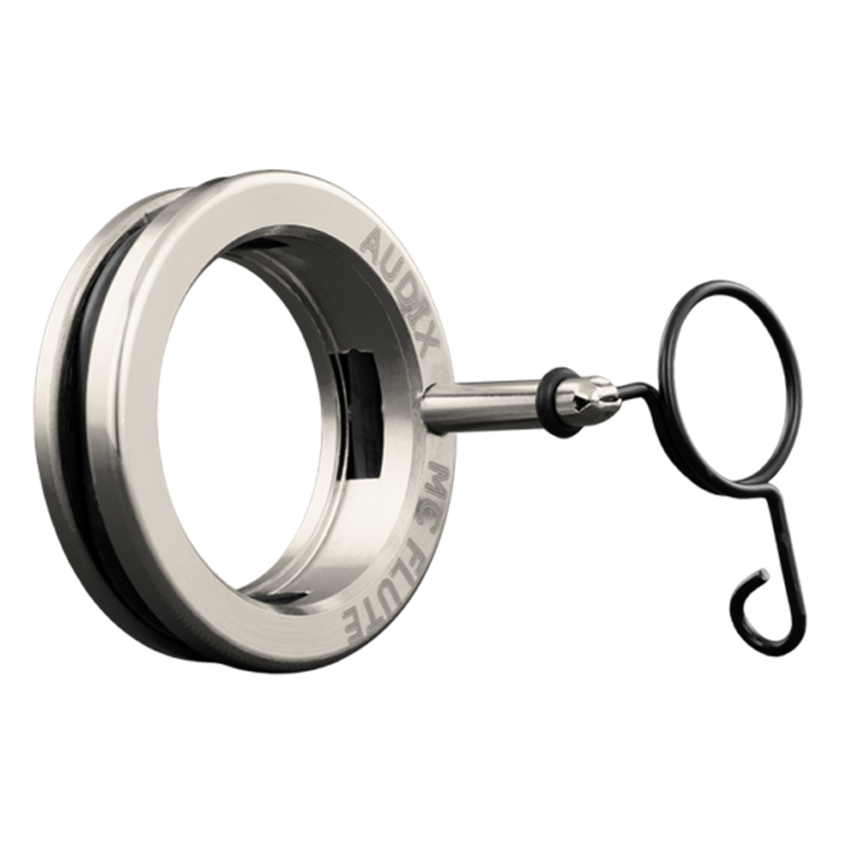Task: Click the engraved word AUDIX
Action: pyautogui.click(x=400, y=290)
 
